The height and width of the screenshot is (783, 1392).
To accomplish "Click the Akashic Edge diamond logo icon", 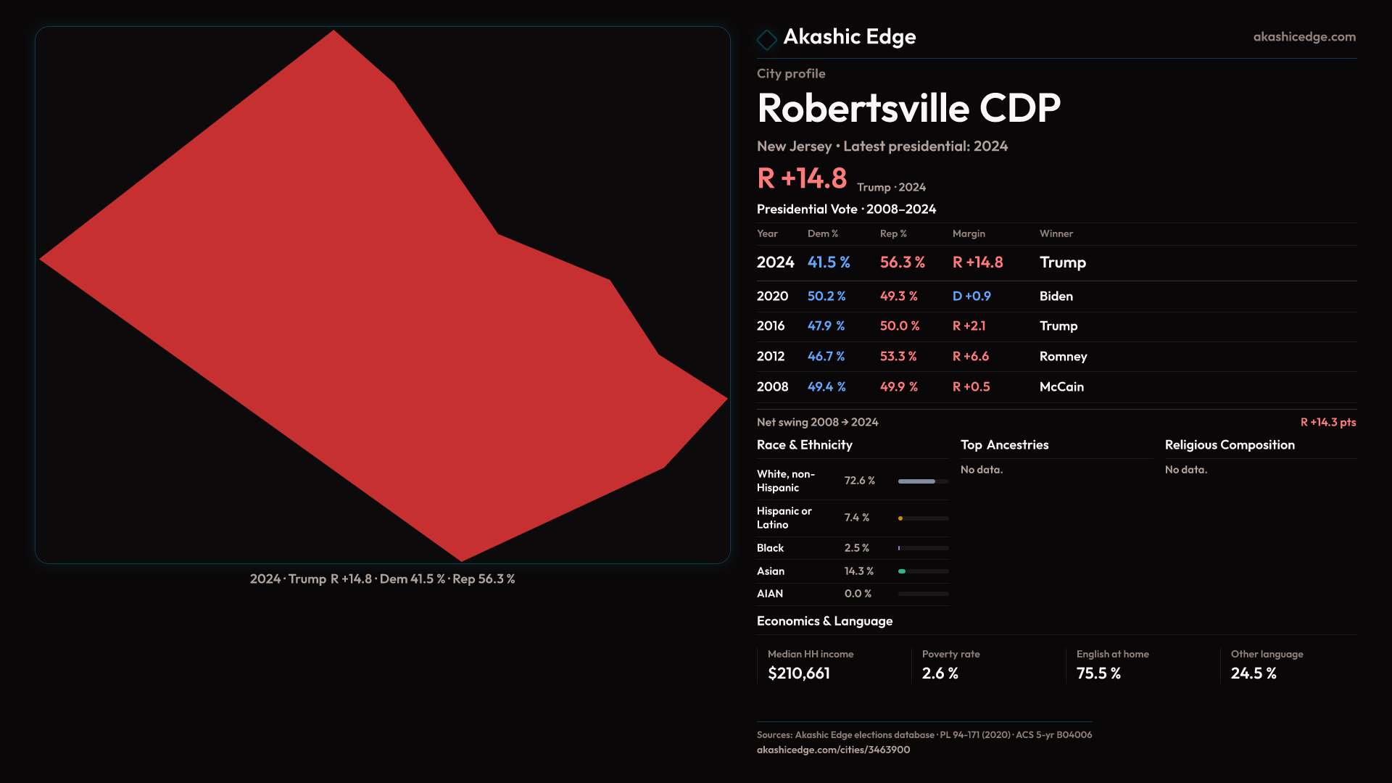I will coord(766,39).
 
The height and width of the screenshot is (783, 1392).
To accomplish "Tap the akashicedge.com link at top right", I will coord(1304,37).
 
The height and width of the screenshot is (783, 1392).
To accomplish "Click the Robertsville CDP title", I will coord(908,108).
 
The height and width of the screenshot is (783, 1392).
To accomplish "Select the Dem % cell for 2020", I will coord(826,297).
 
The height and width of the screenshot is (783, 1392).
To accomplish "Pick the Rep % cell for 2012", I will coord(898,357).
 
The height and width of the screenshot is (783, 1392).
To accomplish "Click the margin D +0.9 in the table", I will coord(971,297).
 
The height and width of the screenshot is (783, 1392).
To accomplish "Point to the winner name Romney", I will coord(1063,357).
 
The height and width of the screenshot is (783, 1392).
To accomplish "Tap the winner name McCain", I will coord(1061,387).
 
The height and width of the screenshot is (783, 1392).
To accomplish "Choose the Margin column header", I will coord(969,234).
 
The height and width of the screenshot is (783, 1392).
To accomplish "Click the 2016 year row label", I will coord(770,326).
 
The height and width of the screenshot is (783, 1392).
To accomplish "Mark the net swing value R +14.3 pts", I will coord(1327,423).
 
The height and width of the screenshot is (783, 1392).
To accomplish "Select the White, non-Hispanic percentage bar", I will coord(923,481).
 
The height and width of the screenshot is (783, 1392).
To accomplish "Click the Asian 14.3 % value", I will coord(858,571).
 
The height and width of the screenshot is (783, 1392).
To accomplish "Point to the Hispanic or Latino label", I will coord(784,518).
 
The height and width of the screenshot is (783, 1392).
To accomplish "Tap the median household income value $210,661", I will coord(798,674).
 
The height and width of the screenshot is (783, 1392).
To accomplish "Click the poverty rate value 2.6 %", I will coord(940,674).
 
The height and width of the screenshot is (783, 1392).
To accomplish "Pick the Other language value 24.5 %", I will coord(1253,674).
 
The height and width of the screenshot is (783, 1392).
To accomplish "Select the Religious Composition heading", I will coord(1229,445).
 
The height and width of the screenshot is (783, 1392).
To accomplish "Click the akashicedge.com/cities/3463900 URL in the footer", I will coord(833,750).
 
